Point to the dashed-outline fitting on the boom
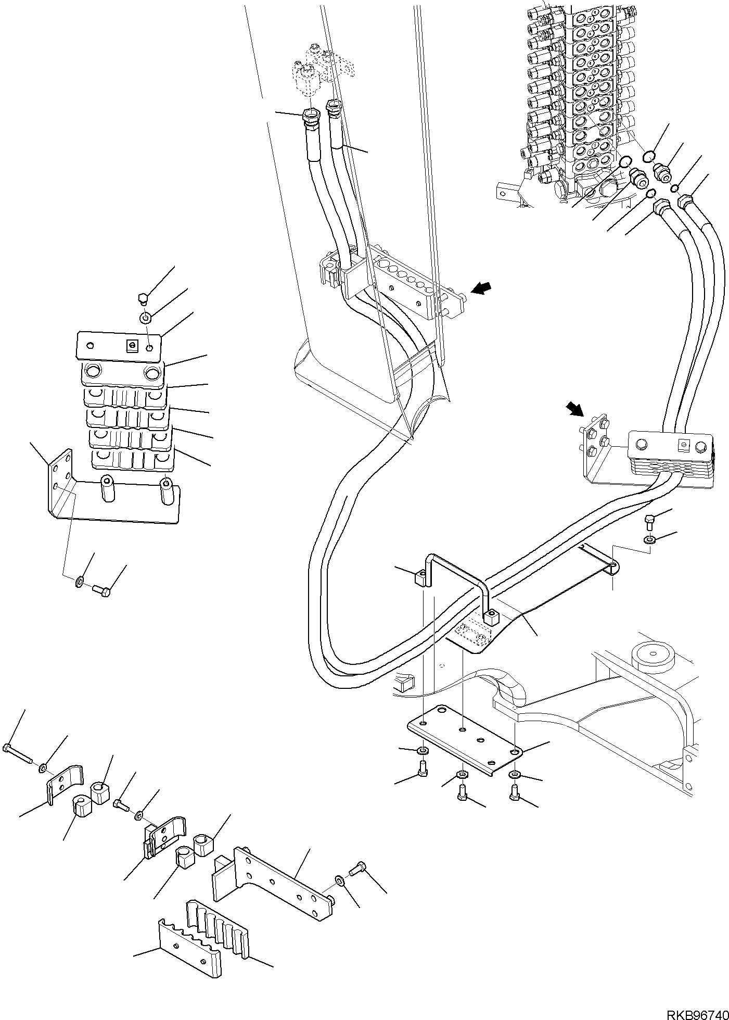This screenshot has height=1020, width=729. [323, 70]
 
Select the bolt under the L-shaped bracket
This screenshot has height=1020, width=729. [102, 591]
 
